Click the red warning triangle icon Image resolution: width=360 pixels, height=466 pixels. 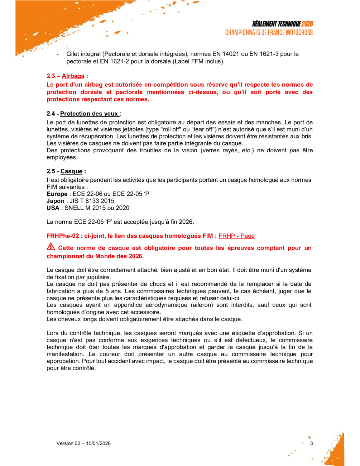point(51,247)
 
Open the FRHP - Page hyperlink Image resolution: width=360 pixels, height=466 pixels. point(236,236)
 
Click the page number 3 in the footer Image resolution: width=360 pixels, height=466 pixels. point(311,443)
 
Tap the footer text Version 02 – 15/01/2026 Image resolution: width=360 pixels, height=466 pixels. point(83,443)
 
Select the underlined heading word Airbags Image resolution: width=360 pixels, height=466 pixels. point(73,76)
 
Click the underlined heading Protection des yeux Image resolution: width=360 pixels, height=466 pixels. point(90,114)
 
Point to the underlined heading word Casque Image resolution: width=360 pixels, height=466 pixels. point(71,171)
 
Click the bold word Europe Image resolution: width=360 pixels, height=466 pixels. point(57,194)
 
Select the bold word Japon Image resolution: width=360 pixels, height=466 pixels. point(56,201)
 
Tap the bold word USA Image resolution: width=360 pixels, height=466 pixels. point(53,208)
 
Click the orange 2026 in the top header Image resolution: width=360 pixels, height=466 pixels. point(307,24)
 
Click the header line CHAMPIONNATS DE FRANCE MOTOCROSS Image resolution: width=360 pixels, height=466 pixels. point(269,33)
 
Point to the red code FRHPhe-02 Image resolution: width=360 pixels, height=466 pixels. point(63,236)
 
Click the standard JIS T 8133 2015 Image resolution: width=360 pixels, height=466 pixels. point(92,201)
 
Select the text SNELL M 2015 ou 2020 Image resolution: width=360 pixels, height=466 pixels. point(97,208)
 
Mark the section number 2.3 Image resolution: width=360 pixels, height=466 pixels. point(51,76)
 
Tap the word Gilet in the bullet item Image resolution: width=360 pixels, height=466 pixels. point(73,54)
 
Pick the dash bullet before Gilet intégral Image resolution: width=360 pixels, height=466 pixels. point(58,54)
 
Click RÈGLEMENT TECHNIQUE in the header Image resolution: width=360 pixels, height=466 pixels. point(276,24)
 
